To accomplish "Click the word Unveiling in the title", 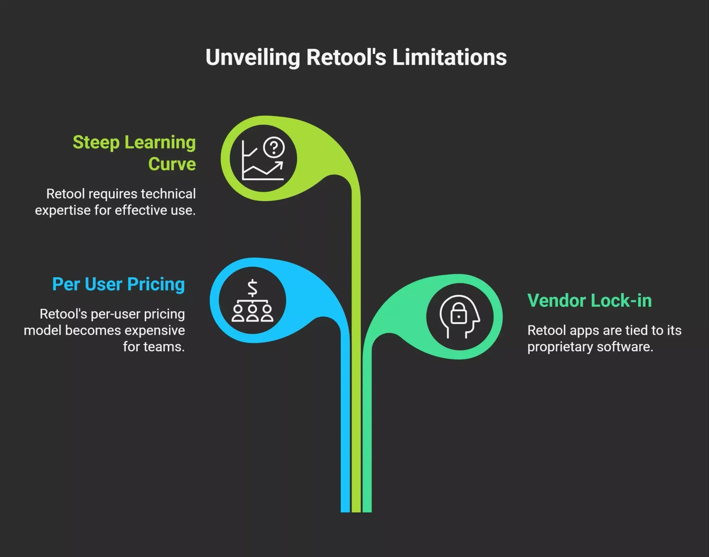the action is pos(253,58).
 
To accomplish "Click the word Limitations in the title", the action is pos(449,57).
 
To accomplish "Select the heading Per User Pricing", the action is pos(118,285).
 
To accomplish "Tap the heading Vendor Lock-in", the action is pos(590,300).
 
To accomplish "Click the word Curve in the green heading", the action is pos(172,164).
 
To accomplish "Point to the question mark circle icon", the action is pos(274,148).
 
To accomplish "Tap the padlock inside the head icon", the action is pos(459,313).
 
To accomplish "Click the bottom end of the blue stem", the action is pos(345,511).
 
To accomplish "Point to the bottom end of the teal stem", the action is pos(367,511).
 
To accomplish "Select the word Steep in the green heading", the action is pos(96,143).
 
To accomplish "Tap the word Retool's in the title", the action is pos(346,57).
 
